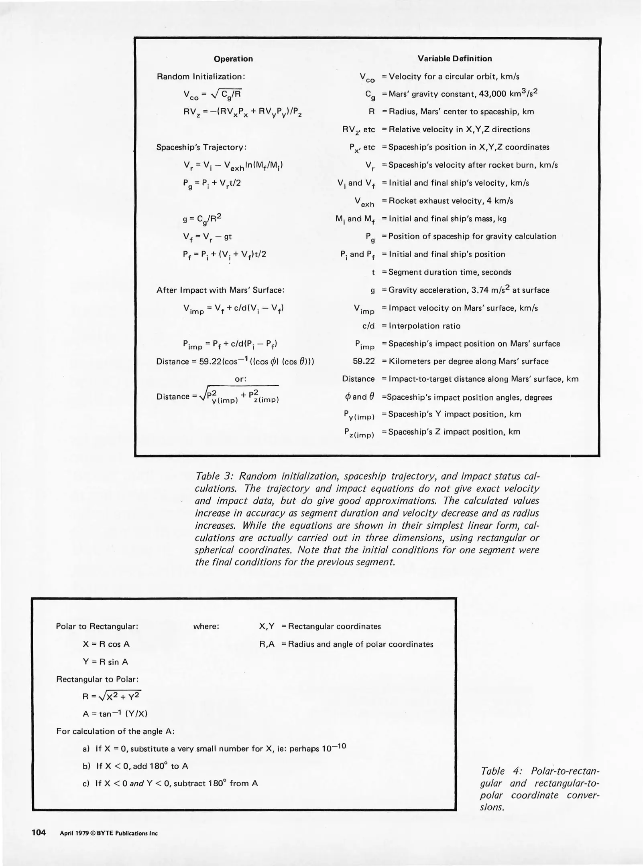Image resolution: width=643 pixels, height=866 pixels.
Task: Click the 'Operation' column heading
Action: [x=233, y=59]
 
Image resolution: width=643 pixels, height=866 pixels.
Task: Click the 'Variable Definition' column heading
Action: [x=454, y=59]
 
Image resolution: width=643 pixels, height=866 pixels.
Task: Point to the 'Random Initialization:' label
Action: [x=201, y=77]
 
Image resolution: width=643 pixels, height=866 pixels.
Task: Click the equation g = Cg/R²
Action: [x=202, y=219]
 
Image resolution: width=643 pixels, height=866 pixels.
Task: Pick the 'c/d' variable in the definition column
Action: [x=368, y=326]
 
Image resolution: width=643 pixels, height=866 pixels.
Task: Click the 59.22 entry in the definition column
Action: [x=364, y=361]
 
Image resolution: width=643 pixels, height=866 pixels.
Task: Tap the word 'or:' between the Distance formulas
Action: [x=240, y=379]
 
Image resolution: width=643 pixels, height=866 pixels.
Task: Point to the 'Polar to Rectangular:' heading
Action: [x=97, y=626]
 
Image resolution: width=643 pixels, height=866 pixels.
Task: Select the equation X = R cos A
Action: [x=106, y=644]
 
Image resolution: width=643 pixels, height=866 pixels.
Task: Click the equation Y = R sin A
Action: [x=105, y=662]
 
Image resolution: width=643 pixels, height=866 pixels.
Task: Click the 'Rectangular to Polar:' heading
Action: [x=97, y=679]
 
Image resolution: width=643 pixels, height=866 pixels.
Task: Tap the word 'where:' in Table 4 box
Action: [x=206, y=626]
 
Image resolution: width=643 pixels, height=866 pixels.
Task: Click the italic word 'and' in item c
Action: [x=136, y=783]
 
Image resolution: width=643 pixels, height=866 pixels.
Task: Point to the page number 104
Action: [x=39, y=833]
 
